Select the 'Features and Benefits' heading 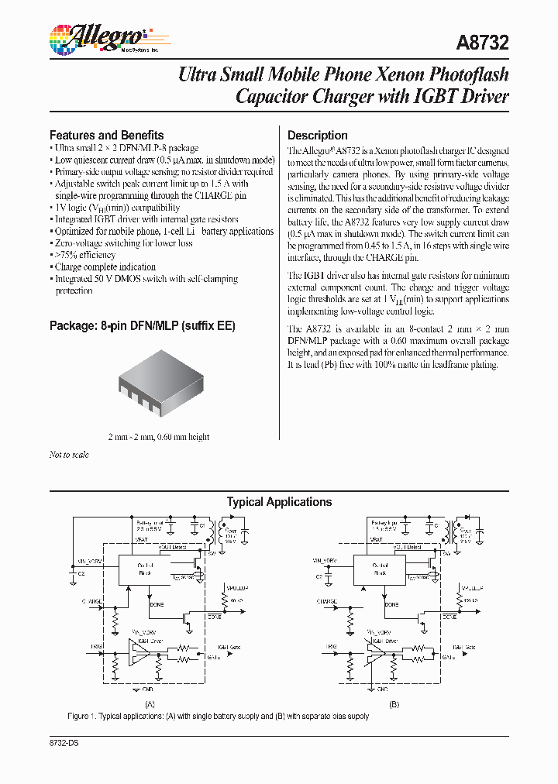[x=106, y=135]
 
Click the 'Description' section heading [x=317, y=135]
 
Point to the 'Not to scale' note [x=69, y=455]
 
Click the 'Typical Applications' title [x=279, y=502]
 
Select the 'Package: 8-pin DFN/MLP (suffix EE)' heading [x=142, y=326]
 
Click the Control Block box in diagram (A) [x=146, y=569]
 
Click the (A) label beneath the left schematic [x=150, y=704]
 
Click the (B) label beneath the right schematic [x=394, y=704]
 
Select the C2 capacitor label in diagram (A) [x=81, y=574]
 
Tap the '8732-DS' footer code [x=64, y=743]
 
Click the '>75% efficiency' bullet [x=86, y=255]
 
